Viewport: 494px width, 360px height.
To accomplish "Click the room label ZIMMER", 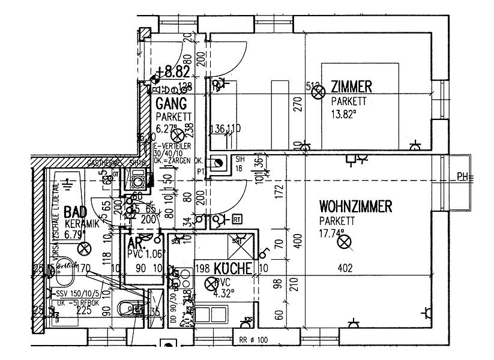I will [x=352, y=87].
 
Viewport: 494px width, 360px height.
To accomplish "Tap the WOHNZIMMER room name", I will [x=355, y=208].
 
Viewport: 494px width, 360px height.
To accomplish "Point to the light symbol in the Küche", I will [x=210, y=283].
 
